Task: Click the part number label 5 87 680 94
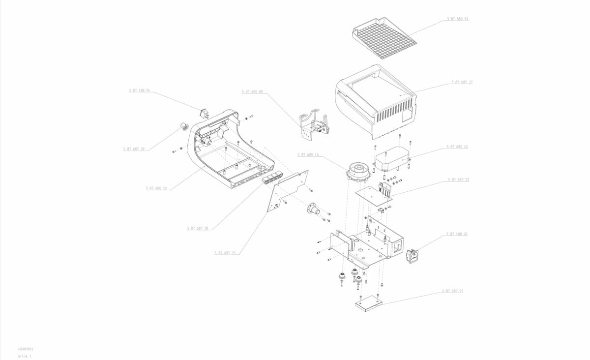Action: click(x=458, y=19)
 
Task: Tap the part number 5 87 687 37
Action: click(x=462, y=82)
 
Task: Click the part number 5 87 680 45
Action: click(x=457, y=147)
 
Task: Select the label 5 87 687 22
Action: click(x=458, y=180)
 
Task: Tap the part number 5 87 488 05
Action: click(x=457, y=234)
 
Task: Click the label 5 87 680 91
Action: click(x=452, y=291)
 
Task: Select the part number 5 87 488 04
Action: click(x=140, y=90)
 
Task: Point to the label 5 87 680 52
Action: click(x=156, y=188)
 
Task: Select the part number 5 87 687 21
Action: click(x=225, y=253)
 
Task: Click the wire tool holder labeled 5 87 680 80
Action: click(x=314, y=126)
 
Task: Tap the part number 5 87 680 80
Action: click(x=252, y=91)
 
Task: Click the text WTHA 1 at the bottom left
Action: click(x=25, y=355)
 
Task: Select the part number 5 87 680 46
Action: click(x=308, y=154)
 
